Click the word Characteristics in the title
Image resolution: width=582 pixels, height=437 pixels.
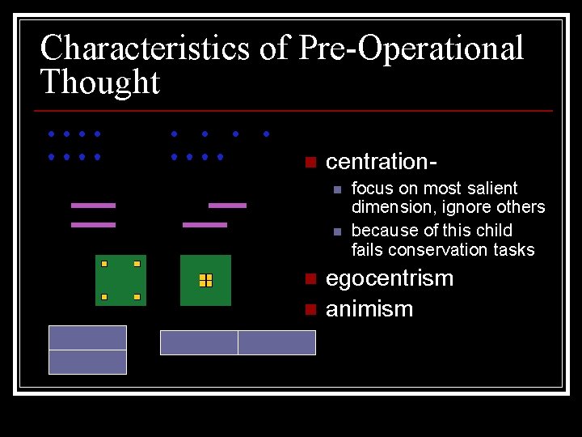[x=145, y=49]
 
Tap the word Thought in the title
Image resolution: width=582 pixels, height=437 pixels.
[x=100, y=83]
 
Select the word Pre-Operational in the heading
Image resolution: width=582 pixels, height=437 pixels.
[x=411, y=49]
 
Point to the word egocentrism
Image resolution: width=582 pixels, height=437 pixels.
[x=389, y=278]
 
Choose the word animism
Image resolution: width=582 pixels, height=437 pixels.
[x=369, y=309]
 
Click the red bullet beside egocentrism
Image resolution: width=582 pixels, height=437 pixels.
[x=309, y=279]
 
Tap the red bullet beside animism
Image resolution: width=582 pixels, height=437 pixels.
[x=309, y=309]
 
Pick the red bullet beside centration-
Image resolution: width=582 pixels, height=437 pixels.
[x=309, y=162]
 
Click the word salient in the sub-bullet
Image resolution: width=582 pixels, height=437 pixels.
[x=493, y=189]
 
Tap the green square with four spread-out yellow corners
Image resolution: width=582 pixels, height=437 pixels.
[x=120, y=280]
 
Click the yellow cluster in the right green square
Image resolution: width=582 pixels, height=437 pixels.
[x=205, y=280]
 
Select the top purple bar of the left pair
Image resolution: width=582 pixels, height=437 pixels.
[x=93, y=206]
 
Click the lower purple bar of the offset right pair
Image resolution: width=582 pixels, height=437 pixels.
[x=205, y=225]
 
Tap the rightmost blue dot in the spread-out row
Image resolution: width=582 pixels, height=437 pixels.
[x=266, y=134]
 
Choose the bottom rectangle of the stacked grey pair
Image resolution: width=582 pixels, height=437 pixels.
[x=87, y=362]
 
